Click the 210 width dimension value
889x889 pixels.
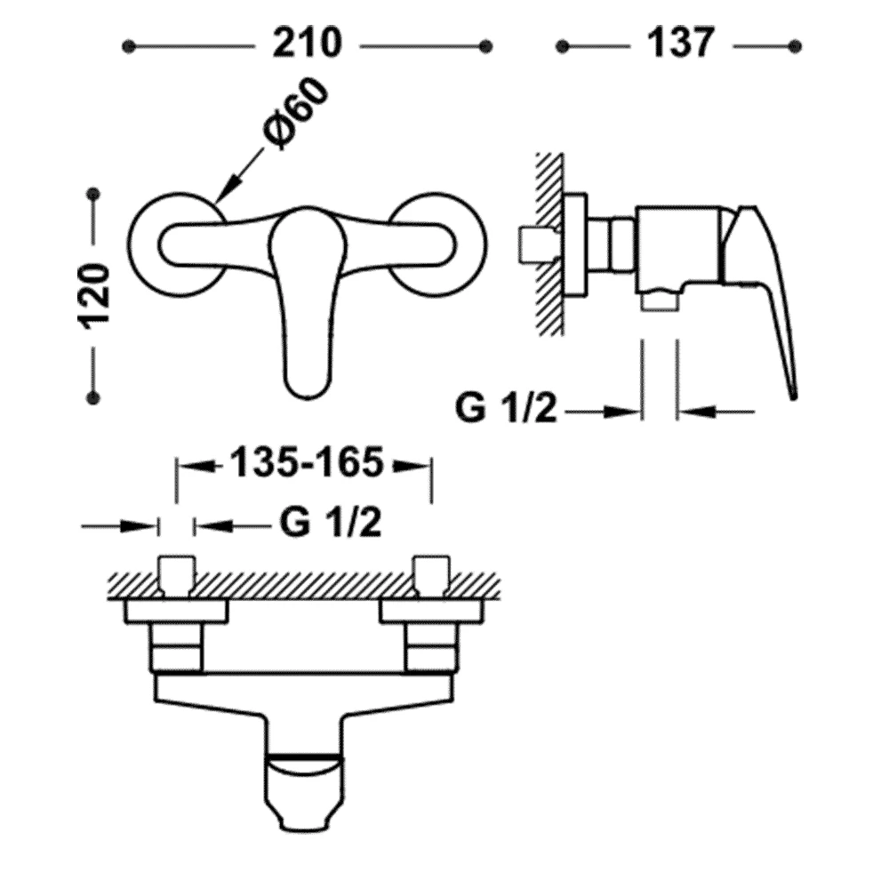pyautogui.click(x=308, y=44)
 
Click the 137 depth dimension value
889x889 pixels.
pyautogui.click(x=681, y=44)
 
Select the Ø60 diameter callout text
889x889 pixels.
pyautogui.click(x=296, y=114)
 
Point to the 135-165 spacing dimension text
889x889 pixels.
pyautogui.click(x=306, y=464)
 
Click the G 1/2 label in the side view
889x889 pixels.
pyautogui.click(x=507, y=409)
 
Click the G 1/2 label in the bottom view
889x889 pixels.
pyautogui.click(x=331, y=524)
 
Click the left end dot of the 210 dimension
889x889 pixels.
pyautogui.click(x=129, y=46)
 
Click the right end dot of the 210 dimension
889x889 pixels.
pyautogui.click(x=485, y=46)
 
